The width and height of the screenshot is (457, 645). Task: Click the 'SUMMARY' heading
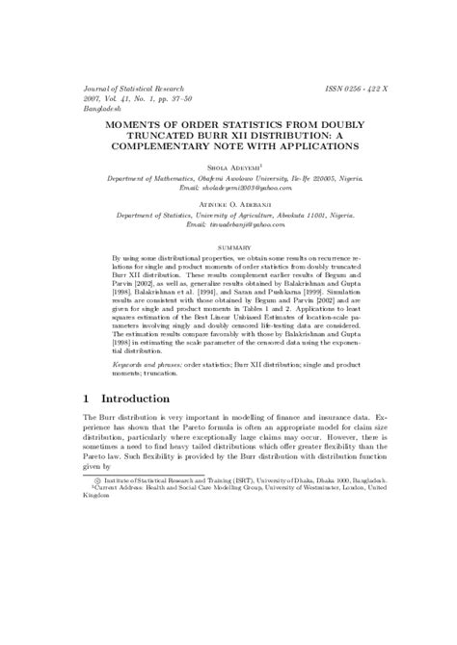click(x=228, y=247)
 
